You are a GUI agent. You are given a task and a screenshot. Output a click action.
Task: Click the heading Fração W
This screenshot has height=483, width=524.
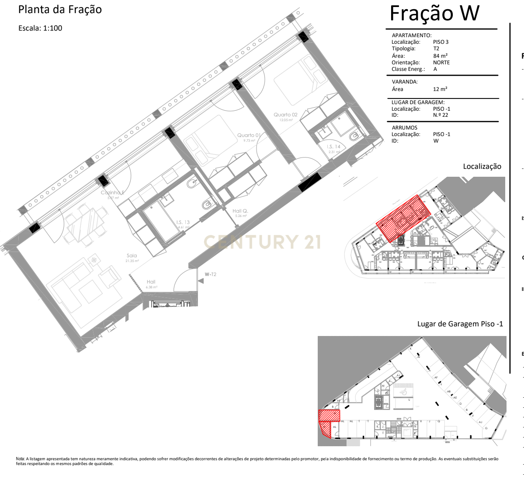click(x=434, y=13)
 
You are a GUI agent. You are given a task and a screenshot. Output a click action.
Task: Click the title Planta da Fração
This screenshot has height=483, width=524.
click(x=60, y=10)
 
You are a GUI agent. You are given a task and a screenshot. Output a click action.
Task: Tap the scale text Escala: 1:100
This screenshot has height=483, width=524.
click(x=40, y=28)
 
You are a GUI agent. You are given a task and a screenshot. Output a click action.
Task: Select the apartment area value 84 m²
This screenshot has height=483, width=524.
click(x=440, y=56)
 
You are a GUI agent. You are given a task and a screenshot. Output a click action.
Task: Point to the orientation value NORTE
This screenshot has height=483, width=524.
click(x=441, y=63)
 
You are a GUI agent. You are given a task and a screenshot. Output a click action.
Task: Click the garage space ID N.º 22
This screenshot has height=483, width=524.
click(x=441, y=115)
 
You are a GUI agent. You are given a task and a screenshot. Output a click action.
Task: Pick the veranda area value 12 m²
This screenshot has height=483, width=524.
click(x=440, y=89)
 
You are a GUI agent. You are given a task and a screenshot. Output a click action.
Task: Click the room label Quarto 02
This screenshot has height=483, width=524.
click(x=285, y=115)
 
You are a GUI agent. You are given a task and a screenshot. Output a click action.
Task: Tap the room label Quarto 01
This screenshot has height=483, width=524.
click(x=249, y=136)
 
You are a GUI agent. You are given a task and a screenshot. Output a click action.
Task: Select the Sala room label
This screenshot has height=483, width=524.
click(x=132, y=256)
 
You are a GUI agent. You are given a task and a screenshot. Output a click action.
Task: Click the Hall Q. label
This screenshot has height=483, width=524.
click(x=240, y=211)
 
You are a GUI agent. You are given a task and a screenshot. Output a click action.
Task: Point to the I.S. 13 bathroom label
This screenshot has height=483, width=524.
click(x=183, y=223)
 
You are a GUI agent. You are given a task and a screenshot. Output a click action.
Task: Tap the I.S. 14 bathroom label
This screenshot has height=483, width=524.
click(x=333, y=147)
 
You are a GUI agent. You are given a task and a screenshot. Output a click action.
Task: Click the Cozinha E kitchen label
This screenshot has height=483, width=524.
click(x=113, y=193)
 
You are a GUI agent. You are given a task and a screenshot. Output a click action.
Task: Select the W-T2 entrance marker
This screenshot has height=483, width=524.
click(x=210, y=274)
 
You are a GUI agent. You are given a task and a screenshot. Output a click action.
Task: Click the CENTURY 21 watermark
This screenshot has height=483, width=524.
click(x=262, y=242)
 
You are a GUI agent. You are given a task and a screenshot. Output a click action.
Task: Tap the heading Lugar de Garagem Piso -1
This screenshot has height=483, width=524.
click(x=460, y=324)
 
